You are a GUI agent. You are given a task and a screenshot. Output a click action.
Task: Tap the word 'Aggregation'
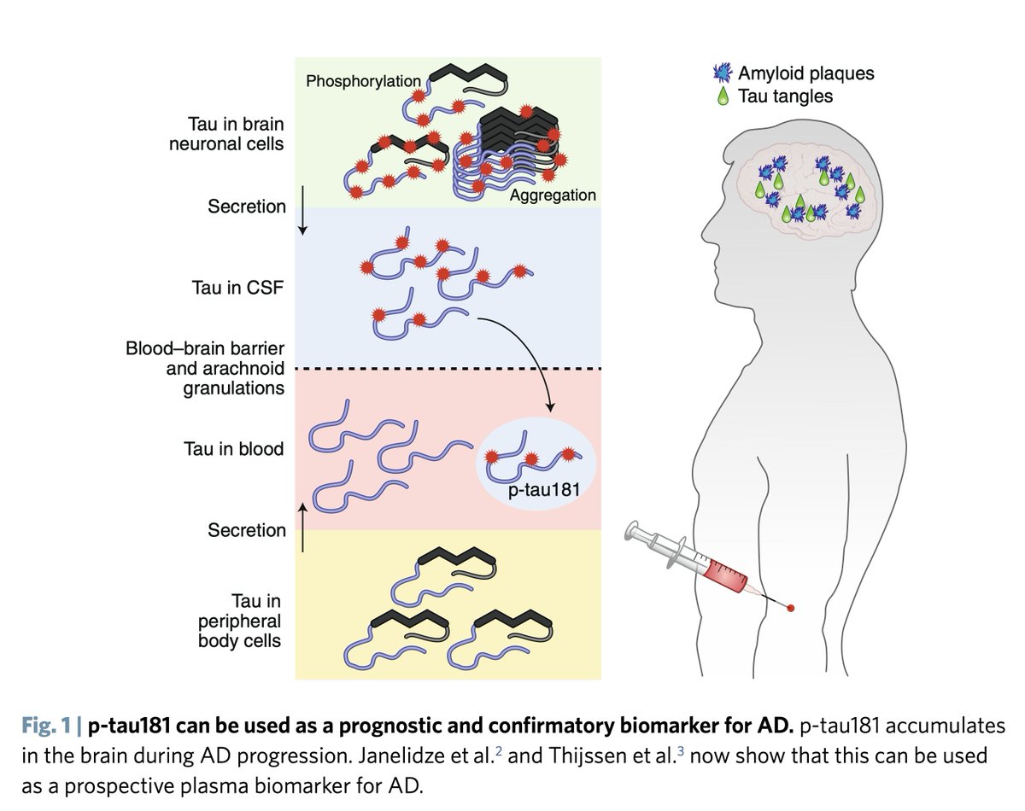pyautogui.click(x=553, y=195)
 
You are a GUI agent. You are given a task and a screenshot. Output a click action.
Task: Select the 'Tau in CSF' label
pyautogui.click(x=237, y=287)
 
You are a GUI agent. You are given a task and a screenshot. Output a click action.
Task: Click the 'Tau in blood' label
pyautogui.click(x=233, y=448)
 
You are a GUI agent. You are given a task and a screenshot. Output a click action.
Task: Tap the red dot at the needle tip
pyautogui.click(x=791, y=608)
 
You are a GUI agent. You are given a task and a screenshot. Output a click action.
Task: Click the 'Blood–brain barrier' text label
pyautogui.click(x=205, y=351)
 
